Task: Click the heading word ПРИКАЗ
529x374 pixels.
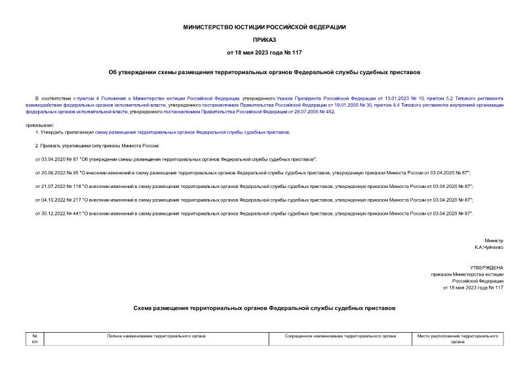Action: point(264,39)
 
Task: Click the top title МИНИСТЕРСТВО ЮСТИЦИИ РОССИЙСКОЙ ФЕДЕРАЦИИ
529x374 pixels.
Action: point(264,27)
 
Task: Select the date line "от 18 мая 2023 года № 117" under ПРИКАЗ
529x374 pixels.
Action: point(264,52)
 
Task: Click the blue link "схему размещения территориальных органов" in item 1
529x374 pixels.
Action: point(193,132)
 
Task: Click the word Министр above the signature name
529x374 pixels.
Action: point(494,240)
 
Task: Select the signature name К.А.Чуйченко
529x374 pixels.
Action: point(489,248)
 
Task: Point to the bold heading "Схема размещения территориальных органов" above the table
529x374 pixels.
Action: point(264,307)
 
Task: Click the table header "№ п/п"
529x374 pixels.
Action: point(35,339)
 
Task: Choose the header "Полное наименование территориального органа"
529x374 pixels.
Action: point(156,335)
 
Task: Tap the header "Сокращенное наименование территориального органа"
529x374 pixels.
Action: point(340,335)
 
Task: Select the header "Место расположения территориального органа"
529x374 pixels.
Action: point(457,339)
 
